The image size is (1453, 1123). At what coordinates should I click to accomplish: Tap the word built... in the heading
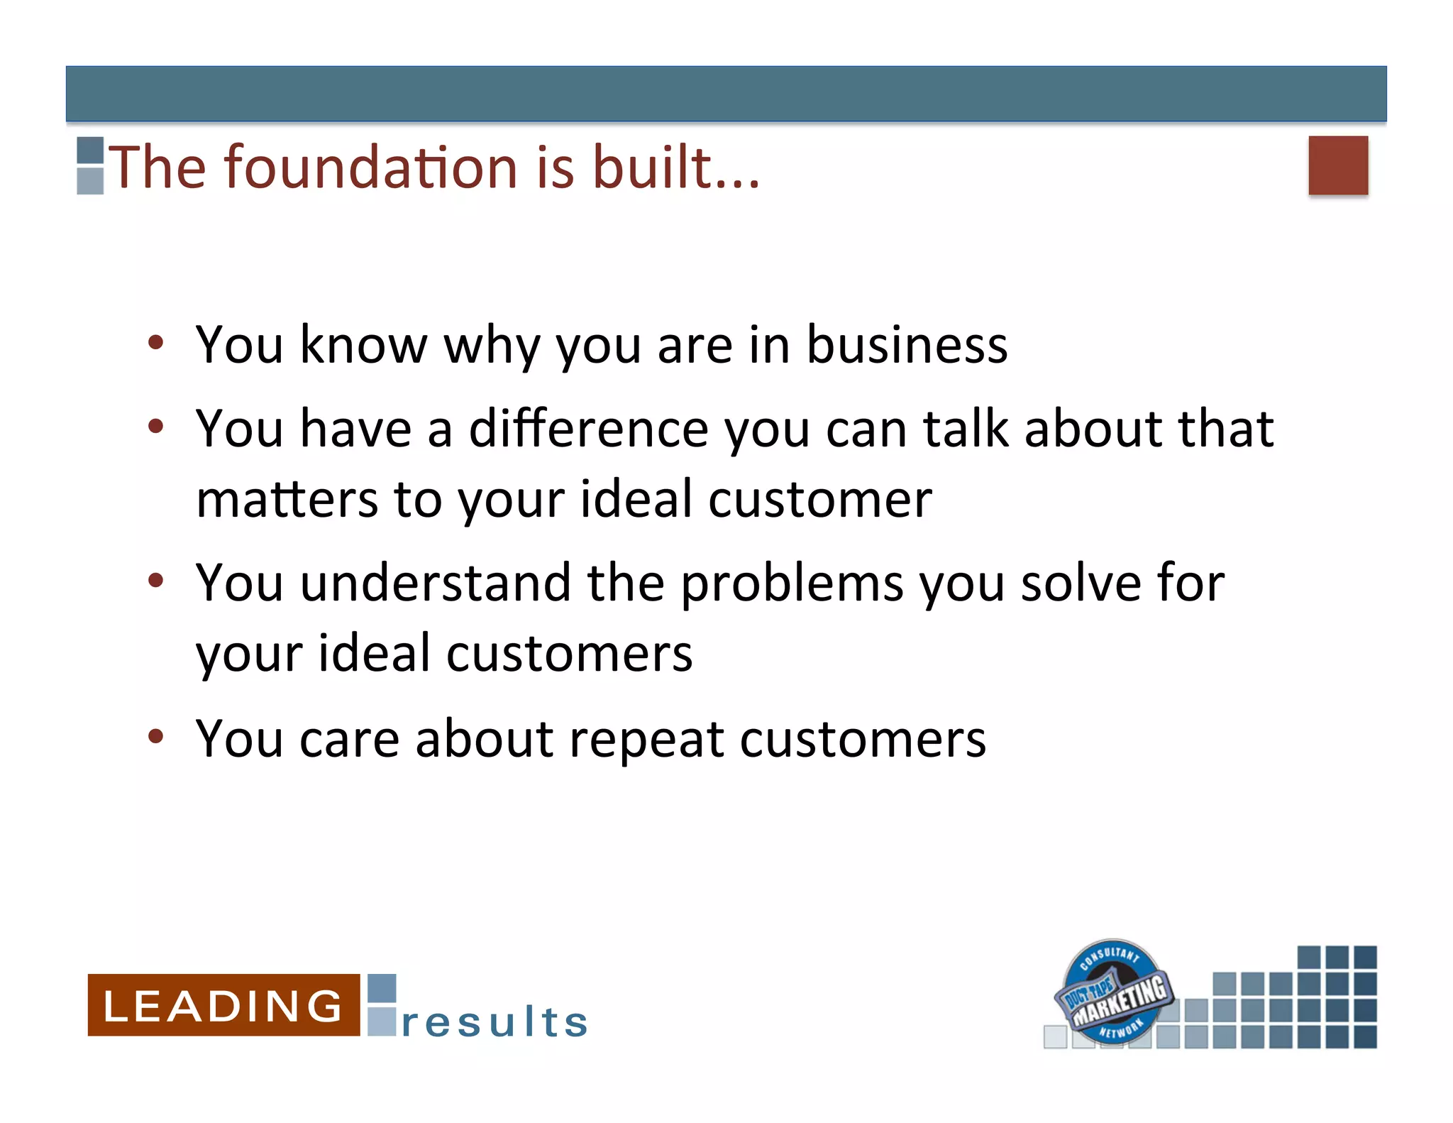click(675, 168)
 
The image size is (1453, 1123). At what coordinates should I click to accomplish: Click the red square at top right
click(1337, 165)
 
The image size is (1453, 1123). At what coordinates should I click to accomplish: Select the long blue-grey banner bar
click(726, 94)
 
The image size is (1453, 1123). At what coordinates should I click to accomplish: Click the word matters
click(287, 499)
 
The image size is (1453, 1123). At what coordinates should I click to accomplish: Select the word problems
click(792, 584)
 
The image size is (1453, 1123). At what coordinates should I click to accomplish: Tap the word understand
click(435, 584)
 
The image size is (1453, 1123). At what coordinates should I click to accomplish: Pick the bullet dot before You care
click(156, 736)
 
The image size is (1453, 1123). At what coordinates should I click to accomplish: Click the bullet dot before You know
click(156, 343)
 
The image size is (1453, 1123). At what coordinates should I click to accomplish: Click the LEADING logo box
click(223, 1004)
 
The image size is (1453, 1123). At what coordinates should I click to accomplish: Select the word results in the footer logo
click(495, 1022)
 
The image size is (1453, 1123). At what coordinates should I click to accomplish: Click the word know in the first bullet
click(363, 345)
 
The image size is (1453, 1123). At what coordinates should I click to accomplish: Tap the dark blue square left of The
click(90, 150)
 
